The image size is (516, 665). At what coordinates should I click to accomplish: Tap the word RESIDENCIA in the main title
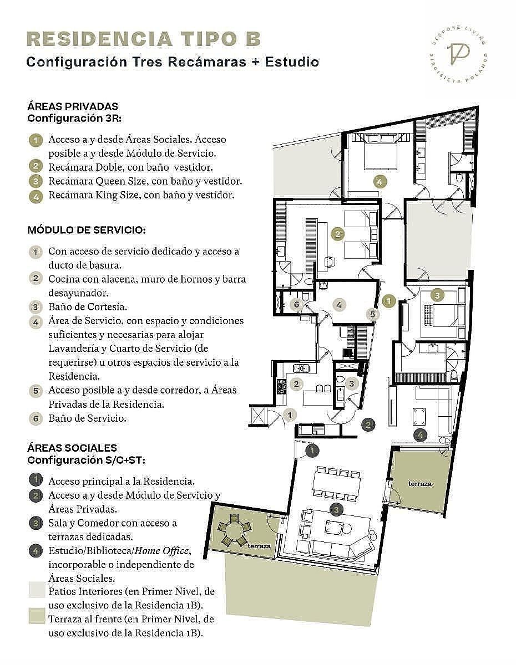coord(99,39)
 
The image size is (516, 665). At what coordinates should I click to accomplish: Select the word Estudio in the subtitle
coord(292,62)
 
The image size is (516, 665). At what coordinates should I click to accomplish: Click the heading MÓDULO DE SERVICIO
coord(87,230)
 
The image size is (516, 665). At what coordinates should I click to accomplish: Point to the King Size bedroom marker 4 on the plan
coord(380,181)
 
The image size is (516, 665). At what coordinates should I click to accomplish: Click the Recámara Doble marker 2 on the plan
coord(338,234)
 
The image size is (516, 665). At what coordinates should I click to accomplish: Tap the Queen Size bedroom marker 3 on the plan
coord(437,295)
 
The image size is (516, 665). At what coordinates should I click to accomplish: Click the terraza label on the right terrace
coord(421,484)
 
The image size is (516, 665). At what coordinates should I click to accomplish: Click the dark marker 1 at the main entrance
coord(312,450)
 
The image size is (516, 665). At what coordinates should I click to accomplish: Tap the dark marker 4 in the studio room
coord(420,434)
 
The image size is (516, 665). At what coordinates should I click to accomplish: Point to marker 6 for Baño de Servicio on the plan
coord(296,304)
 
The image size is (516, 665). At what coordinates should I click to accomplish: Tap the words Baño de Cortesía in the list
coord(88,306)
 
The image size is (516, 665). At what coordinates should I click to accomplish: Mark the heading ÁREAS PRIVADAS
coord(73,106)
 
